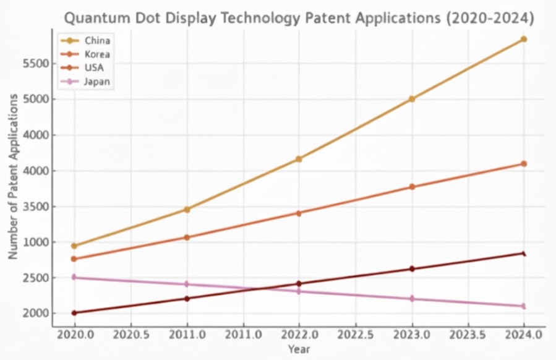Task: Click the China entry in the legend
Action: pos(98,41)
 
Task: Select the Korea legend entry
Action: pos(98,54)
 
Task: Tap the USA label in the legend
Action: pos(94,67)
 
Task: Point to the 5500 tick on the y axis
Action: pos(36,64)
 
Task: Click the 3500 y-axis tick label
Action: pos(36,207)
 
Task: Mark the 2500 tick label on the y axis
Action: pos(36,278)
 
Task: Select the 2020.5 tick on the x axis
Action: pos(130,335)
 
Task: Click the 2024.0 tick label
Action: pos(524,335)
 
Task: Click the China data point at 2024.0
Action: pos(524,39)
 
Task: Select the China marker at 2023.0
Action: pos(411,99)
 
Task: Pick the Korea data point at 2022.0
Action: pos(299,213)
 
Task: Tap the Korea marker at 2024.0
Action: pos(524,164)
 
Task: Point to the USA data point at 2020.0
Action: pos(74,313)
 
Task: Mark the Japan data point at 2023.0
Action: pos(411,299)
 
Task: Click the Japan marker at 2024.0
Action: pos(524,306)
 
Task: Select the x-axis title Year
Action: pos(299,350)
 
